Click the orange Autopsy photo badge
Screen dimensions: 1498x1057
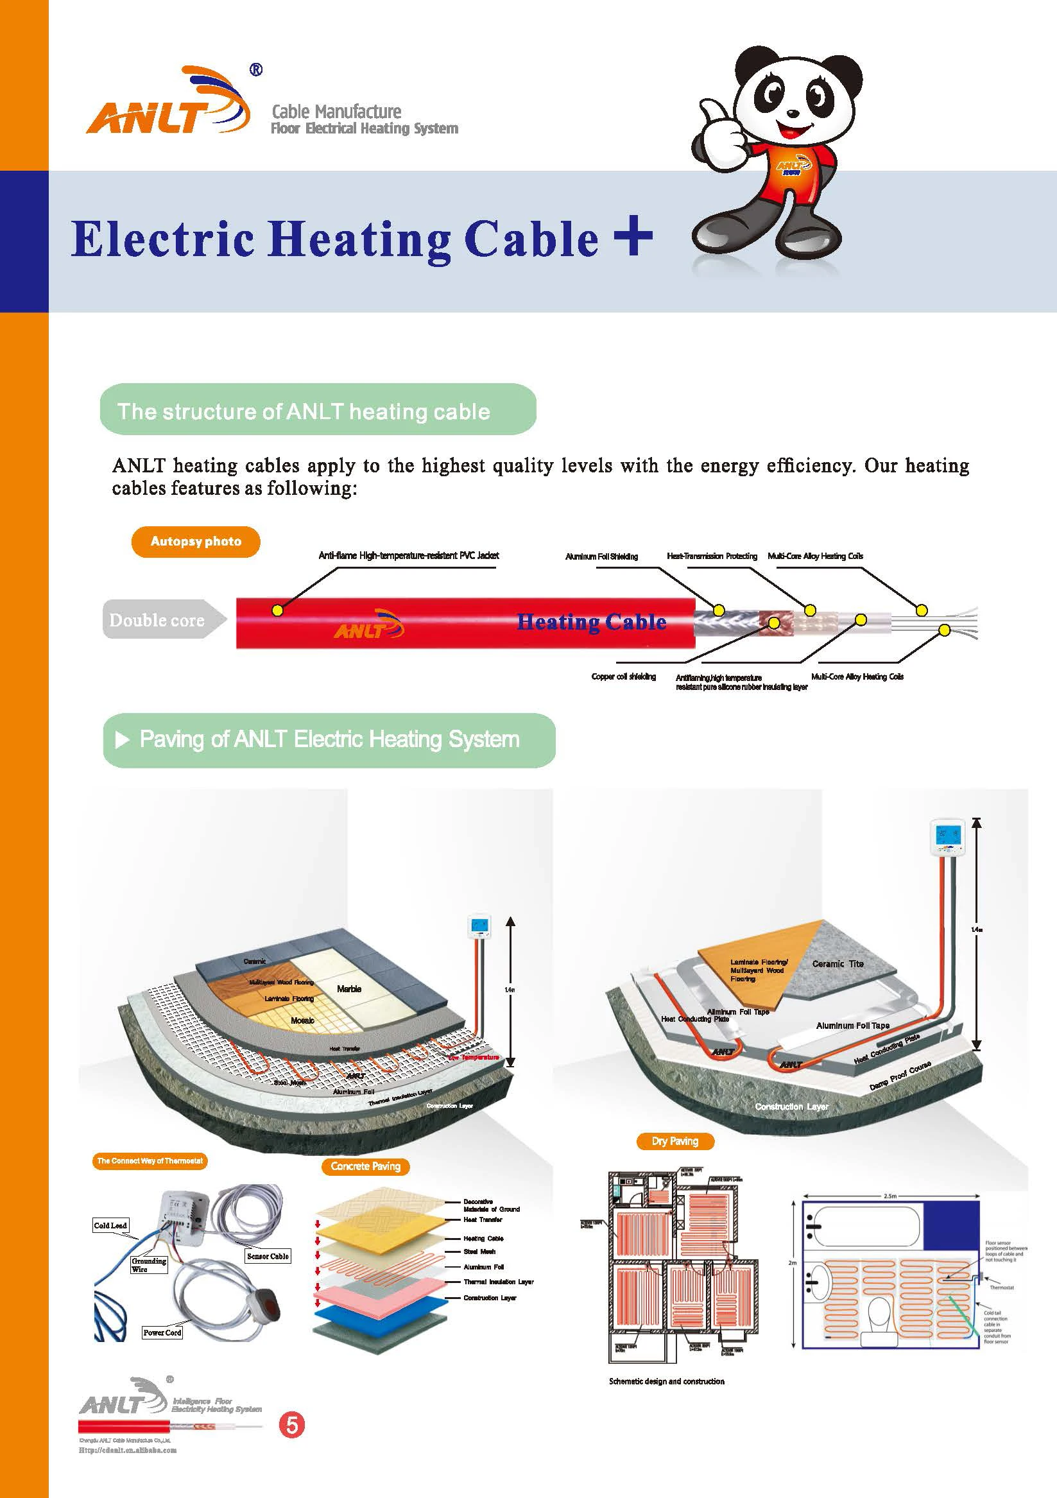[x=196, y=542]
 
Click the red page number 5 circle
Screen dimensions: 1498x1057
[x=291, y=1425]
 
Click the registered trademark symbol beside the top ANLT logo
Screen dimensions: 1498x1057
[x=257, y=70]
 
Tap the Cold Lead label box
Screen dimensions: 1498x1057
[x=110, y=1225]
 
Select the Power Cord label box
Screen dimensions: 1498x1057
[x=162, y=1332]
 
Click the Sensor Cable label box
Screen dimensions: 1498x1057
[x=268, y=1256]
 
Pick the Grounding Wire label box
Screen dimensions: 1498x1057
[x=149, y=1265]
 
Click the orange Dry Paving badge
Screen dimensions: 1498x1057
[x=675, y=1141]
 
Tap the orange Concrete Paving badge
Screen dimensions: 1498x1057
[x=365, y=1167]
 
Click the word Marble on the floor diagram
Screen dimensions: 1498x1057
[x=349, y=989]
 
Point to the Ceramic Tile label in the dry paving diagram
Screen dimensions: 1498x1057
[x=838, y=963]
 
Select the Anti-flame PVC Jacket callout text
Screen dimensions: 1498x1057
[x=408, y=556]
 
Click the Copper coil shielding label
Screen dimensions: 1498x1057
[x=623, y=676]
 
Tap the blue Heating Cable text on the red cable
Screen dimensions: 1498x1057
[x=592, y=622]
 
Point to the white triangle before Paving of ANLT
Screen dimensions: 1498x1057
[x=122, y=740]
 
